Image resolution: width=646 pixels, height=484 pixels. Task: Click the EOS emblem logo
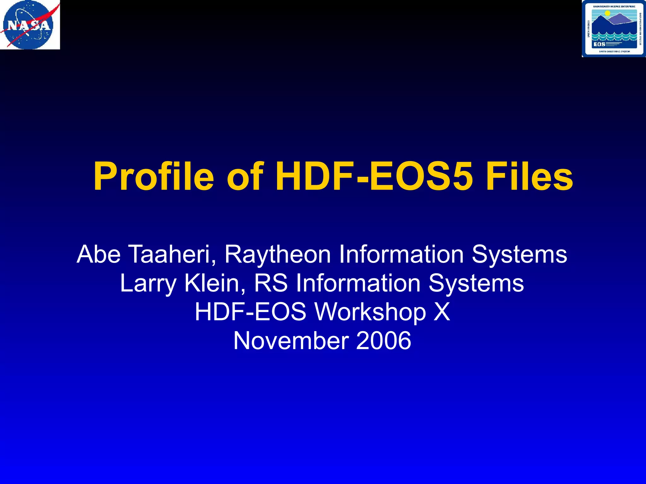[x=614, y=29]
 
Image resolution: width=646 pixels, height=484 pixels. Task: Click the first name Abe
[x=98, y=254]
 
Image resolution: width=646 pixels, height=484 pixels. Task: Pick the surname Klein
[x=215, y=283]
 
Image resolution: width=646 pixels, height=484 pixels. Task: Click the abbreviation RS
[x=271, y=283]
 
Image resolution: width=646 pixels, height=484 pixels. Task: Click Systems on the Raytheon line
[x=520, y=255]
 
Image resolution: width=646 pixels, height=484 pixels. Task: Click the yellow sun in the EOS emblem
[x=608, y=14]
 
